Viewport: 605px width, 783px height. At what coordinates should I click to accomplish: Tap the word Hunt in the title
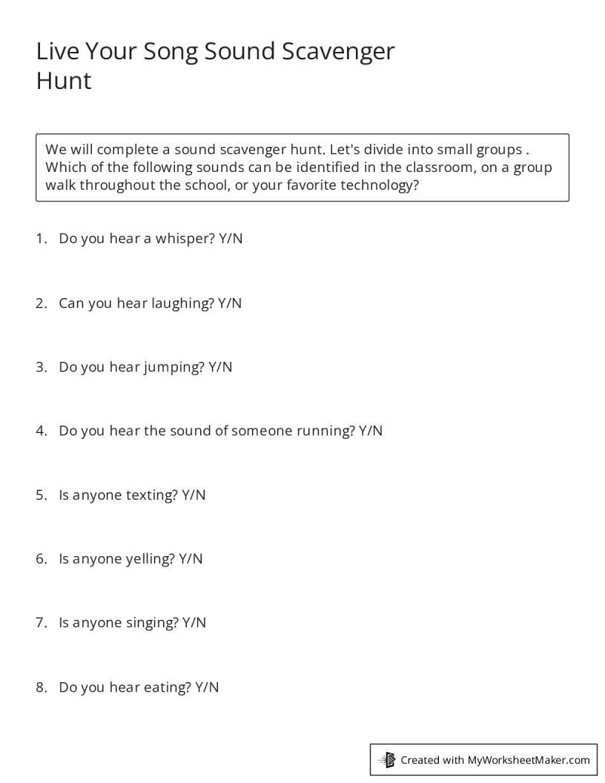point(64,80)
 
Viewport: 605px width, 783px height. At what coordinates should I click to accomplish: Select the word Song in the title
point(163,52)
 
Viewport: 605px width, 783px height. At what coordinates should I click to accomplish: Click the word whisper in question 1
point(185,239)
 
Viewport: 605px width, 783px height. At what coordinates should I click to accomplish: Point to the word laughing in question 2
point(182,303)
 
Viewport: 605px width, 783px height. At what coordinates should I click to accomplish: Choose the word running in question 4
point(324,431)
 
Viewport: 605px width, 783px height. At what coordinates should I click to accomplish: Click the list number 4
point(41,431)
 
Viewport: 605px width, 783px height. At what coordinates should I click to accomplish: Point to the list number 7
point(41,623)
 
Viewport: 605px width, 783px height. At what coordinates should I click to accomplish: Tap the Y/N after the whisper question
point(231,239)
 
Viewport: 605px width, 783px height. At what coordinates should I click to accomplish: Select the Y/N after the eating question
point(207,687)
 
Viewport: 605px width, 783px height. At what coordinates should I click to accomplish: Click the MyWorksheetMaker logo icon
point(388,759)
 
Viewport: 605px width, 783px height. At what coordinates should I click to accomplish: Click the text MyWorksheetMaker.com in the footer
point(529,759)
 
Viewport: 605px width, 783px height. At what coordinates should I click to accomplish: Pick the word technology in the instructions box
point(375,185)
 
